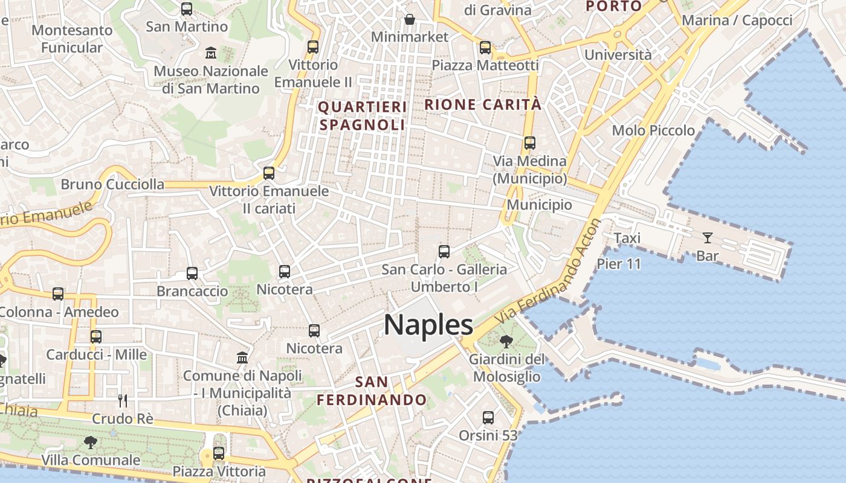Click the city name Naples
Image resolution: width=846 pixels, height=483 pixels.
pos(428,325)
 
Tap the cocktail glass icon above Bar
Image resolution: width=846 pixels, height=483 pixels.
pos(707,238)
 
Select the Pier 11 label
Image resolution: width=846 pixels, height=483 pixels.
pos(619,263)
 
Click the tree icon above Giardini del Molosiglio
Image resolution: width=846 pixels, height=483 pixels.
pos(506,342)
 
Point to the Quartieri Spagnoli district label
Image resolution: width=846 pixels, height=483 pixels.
pos(362,116)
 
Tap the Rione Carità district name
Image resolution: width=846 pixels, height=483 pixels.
pos(483,104)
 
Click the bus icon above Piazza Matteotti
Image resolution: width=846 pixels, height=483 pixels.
pos(485,48)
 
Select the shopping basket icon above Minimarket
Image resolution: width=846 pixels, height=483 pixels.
pos(410,19)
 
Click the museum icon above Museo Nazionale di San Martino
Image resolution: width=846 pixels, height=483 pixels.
pos(211,53)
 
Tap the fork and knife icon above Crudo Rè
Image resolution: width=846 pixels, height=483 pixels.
pos(123,400)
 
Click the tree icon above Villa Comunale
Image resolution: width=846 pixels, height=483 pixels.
pos(91,443)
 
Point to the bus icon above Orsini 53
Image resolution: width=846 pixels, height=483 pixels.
pos(488,417)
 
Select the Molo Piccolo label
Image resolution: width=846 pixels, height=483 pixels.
pos(653,130)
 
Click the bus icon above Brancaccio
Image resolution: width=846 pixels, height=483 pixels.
pos(192,273)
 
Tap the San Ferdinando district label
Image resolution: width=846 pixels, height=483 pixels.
pos(372,391)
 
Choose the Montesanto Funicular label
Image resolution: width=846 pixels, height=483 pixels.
pos(72,39)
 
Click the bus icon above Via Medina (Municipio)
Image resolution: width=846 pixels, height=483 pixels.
pos(530,143)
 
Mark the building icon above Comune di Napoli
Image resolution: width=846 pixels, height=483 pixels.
pos(242,357)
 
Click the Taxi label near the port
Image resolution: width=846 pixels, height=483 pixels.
pos(627,238)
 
